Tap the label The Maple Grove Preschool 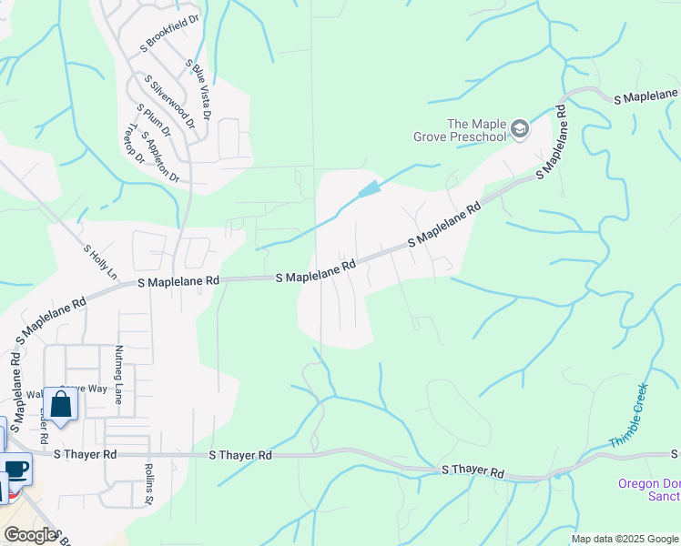pos(475,130)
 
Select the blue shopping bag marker pos(61,404)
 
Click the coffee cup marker pos(15,470)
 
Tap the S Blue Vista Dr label pos(198,90)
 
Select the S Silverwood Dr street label pos(173,102)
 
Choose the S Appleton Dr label pos(161,156)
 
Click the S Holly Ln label pos(100,261)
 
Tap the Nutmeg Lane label pos(118,374)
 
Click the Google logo pos(30,535)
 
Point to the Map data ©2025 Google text pos(625,539)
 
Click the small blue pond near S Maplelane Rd pos(370,189)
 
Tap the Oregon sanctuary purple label pos(648,490)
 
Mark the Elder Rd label pos(44,426)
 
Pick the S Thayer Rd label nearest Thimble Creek pos(473,470)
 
